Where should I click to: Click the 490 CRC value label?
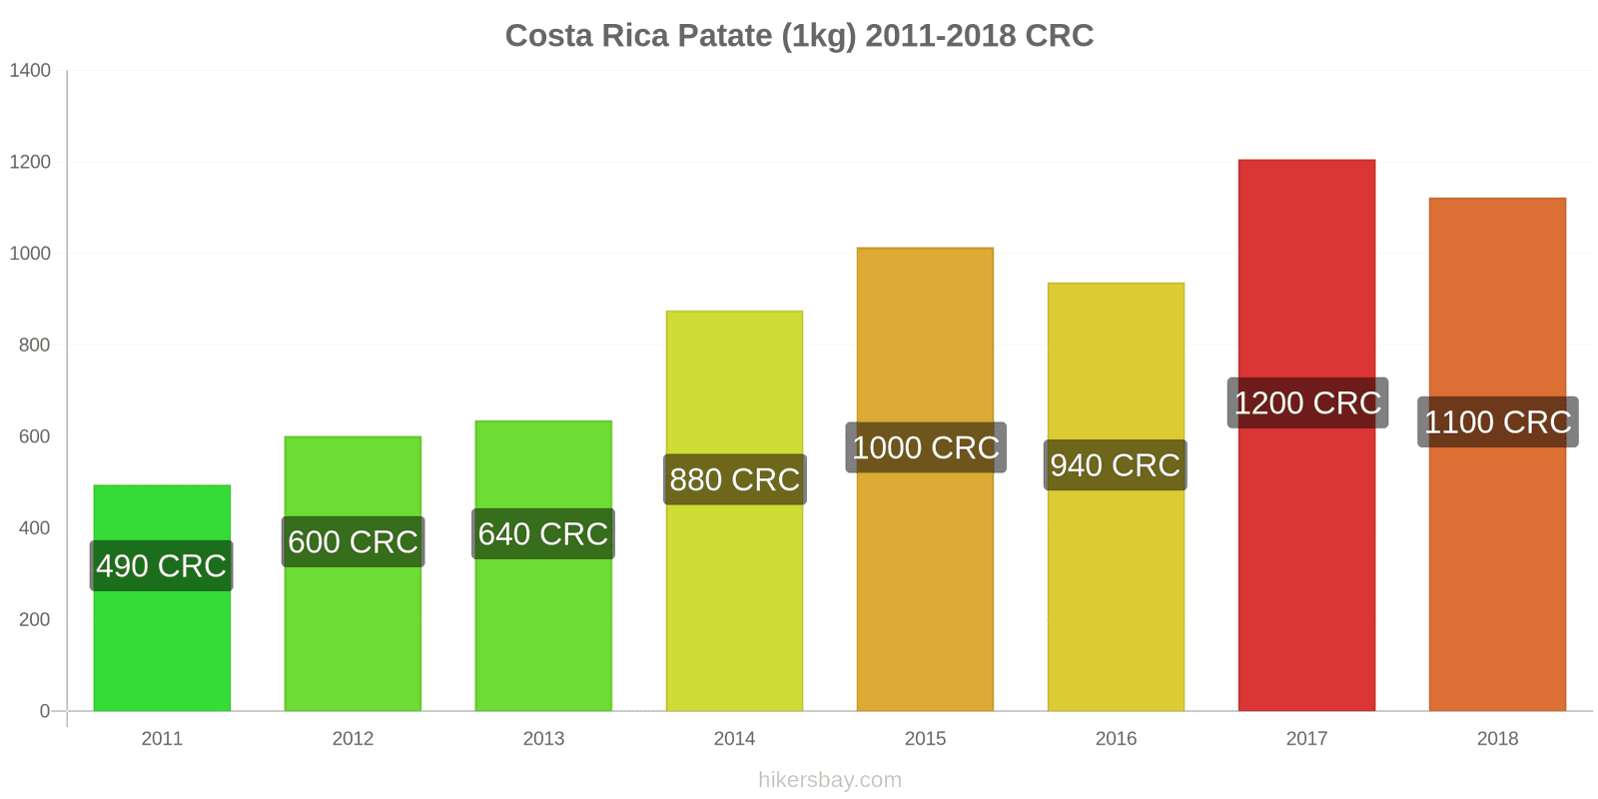(161, 565)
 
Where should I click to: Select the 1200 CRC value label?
(1306, 402)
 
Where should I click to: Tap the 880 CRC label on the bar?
(734, 479)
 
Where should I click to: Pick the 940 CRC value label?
(1115, 465)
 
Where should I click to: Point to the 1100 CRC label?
(1497, 421)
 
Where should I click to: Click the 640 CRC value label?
(542, 534)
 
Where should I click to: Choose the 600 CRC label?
(353, 541)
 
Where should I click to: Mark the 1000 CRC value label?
(925, 447)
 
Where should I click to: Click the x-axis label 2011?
(162, 739)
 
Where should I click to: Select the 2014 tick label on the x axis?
(734, 739)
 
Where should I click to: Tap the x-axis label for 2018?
(1497, 739)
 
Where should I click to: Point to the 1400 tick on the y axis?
(30, 71)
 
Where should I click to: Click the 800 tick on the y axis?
(34, 346)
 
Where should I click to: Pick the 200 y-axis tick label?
(34, 620)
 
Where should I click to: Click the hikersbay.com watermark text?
(829, 780)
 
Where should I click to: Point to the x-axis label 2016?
(1116, 739)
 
